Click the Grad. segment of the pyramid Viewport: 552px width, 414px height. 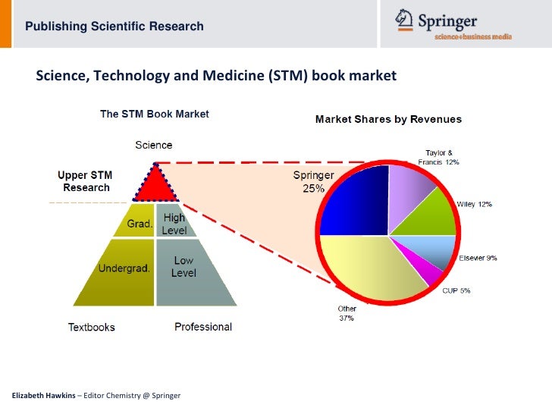(139, 223)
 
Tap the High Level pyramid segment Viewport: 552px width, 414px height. (174, 223)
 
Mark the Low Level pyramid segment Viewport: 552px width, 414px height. (186, 268)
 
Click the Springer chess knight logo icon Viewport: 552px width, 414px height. (404, 20)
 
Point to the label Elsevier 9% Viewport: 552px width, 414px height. (478, 258)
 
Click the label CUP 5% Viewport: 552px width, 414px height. (456, 290)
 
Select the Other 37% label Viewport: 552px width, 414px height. (346, 313)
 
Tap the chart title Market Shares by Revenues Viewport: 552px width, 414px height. (387, 119)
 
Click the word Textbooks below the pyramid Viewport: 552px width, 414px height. (92, 327)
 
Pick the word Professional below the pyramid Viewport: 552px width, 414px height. (203, 326)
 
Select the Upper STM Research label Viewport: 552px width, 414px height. (86, 182)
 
